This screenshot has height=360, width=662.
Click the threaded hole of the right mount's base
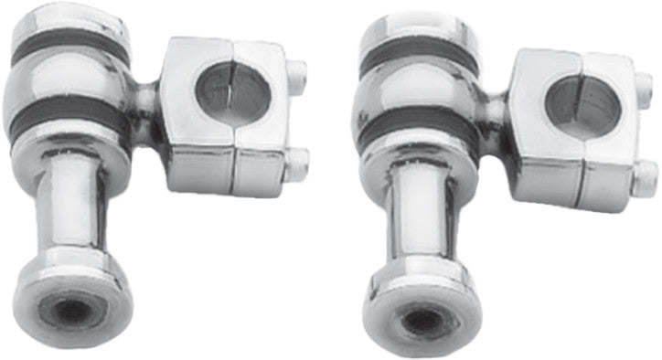[x=422, y=320]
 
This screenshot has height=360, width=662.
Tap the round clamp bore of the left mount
[x=233, y=92]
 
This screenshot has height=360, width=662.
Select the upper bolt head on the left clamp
[x=295, y=74]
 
